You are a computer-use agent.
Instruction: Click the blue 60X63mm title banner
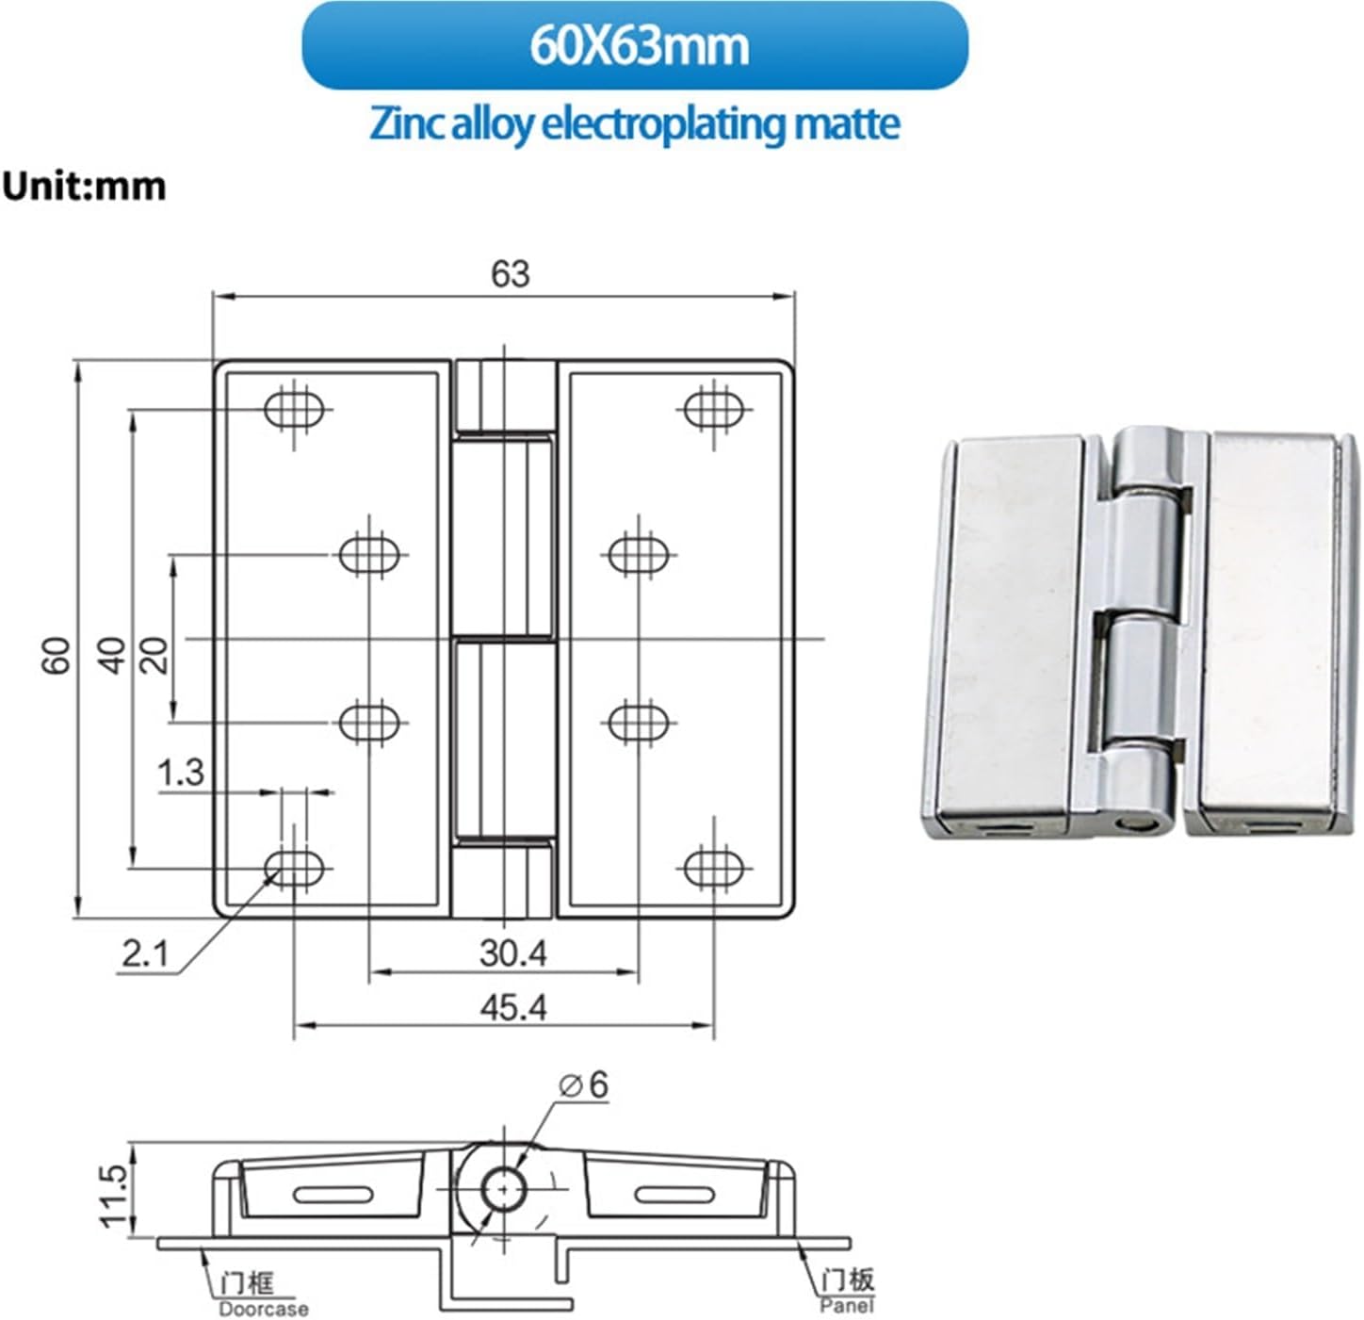tap(635, 45)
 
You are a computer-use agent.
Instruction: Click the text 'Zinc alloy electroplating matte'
tap(635, 123)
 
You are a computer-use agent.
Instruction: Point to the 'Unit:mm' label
tap(84, 186)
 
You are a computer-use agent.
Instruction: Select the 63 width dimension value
tap(510, 274)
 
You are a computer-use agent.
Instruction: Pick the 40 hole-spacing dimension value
tap(112, 655)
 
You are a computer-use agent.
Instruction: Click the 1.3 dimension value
tap(180, 773)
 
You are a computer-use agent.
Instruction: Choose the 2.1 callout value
tap(144, 954)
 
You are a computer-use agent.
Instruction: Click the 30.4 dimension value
tap(512, 953)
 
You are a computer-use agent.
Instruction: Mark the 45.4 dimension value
tap(512, 1008)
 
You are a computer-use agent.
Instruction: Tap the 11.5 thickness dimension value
tap(113, 1197)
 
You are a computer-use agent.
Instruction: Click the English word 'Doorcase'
tap(263, 1309)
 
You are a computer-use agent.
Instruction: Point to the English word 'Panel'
tap(846, 1305)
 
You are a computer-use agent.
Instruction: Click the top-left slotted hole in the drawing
tap(295, 410)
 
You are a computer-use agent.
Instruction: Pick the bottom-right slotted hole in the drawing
tap(714, 868)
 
